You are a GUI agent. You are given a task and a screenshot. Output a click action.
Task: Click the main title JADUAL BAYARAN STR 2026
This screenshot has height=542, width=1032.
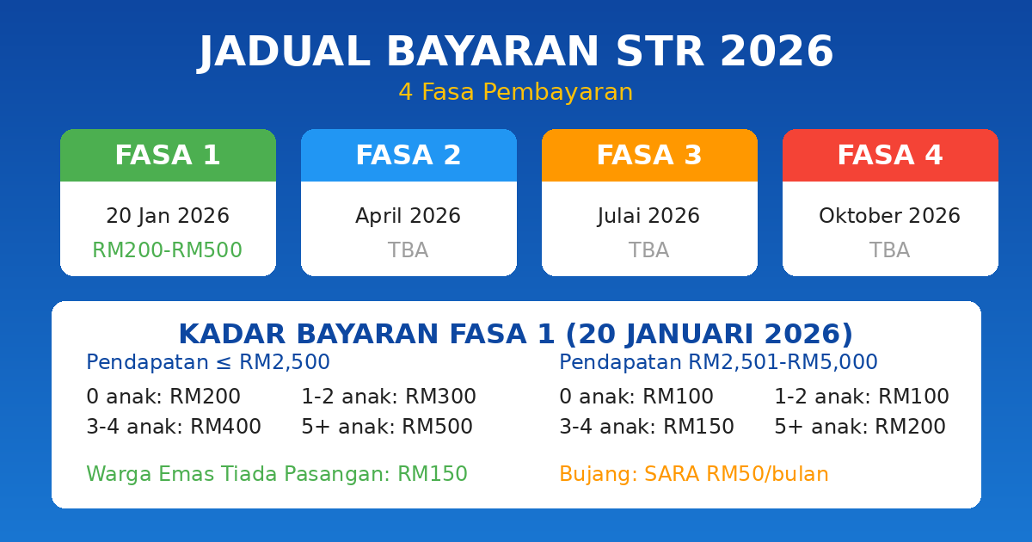[x=516, y=52]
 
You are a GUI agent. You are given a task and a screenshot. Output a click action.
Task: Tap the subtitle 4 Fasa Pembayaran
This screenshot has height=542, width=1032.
[x=516, y=93]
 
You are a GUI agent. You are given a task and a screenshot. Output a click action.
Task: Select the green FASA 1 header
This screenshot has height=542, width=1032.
[x=168, y=156]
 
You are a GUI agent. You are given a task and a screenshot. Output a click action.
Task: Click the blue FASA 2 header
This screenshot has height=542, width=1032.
[x=408, y=156]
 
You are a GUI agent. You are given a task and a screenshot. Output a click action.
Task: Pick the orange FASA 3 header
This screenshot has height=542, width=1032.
[x=649, y=156]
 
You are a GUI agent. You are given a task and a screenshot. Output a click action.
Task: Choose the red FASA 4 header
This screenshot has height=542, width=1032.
[x=890, y=156]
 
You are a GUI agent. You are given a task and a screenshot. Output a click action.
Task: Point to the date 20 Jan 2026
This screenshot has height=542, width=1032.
[x=168, y=217]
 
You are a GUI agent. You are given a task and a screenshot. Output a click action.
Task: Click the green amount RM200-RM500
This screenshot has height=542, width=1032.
[x=168, y=251]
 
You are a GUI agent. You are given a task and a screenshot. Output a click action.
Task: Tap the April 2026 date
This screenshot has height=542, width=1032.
[x=408, y=217]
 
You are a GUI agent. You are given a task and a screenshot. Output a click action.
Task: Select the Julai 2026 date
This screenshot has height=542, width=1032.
[x=649, y=217]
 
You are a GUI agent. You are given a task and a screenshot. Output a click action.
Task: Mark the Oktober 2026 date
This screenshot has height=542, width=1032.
[x=890, y=217]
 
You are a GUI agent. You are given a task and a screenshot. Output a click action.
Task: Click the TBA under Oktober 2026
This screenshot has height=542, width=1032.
[x=890, y=251]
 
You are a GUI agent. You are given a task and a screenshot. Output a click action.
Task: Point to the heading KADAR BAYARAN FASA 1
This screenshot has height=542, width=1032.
[x=516, y=335]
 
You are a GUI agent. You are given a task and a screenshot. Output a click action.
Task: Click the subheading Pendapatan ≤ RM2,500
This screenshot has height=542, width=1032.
[x=208, y=363]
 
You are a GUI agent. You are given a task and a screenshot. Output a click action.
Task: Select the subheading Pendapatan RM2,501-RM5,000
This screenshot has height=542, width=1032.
[x=718, y=363]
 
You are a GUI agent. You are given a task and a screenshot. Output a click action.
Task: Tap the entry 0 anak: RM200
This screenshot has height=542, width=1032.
[x=163, y=397]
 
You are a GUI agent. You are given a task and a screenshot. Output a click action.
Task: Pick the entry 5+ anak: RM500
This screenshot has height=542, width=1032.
[x=387, y=428]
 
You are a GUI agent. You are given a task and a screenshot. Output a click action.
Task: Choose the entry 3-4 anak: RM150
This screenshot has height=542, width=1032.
[x=647, y=428]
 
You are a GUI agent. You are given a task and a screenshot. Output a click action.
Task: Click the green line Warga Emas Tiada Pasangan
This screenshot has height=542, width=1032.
[x=277, y=475]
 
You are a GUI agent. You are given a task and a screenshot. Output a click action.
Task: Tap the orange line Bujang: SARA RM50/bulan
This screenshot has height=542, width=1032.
[x=694, y=475]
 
